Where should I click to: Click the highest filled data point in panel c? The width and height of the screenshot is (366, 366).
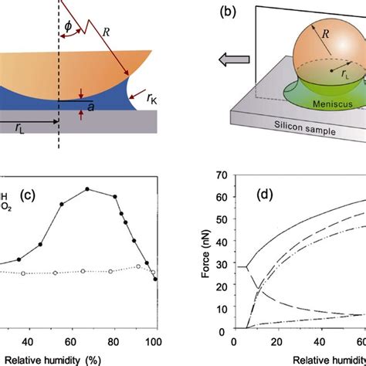click(87, 188)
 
